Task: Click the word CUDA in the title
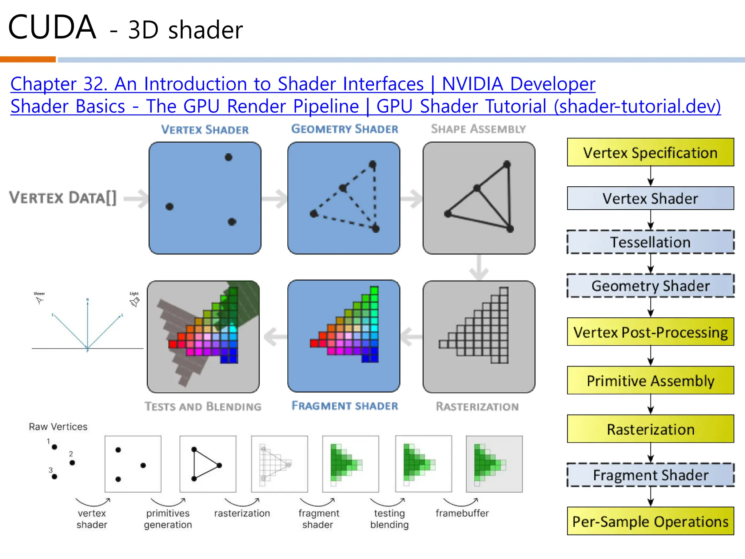(x=52, y=27)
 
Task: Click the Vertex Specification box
(x=650, y=152)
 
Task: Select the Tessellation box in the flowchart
(x=650, y=242)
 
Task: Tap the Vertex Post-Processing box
(x=650, y=332)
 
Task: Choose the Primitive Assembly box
(x=650, y=381)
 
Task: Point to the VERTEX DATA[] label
(x=63, y=198)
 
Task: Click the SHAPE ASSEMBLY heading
(x=478, y=129)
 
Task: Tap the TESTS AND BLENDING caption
(x=203, y=407)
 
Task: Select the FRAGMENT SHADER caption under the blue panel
(x=344, y=406)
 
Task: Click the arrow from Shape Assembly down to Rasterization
(x=479, y=267)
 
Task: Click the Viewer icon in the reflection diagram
(x=39, y=300)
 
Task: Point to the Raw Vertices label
(x=58, y=427)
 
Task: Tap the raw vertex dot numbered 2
(x=72, y=463)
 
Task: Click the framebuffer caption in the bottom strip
(x=462, y=513)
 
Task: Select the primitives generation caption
(x=168, y=519)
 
